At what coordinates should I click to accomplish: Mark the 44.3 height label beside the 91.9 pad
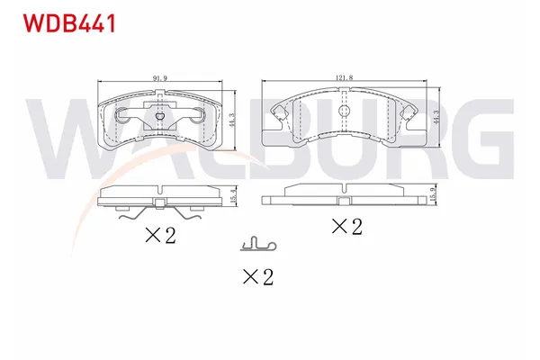pos(232,116)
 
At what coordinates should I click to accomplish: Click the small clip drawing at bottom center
pos(258,244)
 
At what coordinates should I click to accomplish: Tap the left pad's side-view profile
pos(157,197)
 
